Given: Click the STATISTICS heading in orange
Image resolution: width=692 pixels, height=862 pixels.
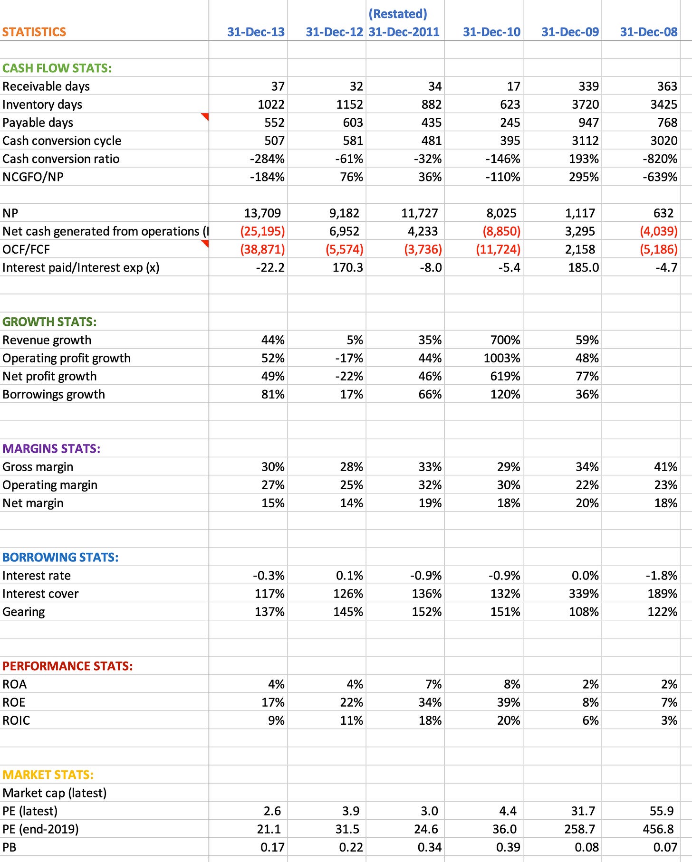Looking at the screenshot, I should tap(34, 32).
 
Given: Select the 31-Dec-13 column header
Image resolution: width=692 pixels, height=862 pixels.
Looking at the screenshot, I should tap(256, 32).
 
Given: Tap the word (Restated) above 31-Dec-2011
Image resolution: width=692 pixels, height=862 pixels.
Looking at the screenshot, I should tap(398, 14).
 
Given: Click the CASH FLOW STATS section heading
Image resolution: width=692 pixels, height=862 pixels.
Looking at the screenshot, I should tap(57, 68).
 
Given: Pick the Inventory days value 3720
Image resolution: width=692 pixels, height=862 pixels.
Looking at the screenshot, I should tap(585, 104).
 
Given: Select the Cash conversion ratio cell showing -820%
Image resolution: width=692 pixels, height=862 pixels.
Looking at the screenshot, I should tap(660, 159).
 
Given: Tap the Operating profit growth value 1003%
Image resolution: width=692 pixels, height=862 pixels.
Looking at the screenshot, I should tap(502, 358).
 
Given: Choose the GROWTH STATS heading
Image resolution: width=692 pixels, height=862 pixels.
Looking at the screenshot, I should tap(49, 322).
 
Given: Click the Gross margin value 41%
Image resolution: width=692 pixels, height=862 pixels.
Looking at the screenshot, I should tap(665, 467).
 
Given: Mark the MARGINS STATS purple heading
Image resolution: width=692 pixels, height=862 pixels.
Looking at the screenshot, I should tap(51, 448).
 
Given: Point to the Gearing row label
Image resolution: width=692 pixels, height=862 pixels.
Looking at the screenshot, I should tap(24, 612).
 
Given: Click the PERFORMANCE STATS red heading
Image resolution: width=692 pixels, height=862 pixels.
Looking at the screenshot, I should tap(67, 666).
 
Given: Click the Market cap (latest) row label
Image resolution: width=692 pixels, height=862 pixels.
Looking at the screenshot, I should tap(55, 793).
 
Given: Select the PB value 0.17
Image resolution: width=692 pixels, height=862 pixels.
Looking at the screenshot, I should tap(272, 847).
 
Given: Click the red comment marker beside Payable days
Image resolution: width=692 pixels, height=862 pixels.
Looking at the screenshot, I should tap(205, 116).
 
